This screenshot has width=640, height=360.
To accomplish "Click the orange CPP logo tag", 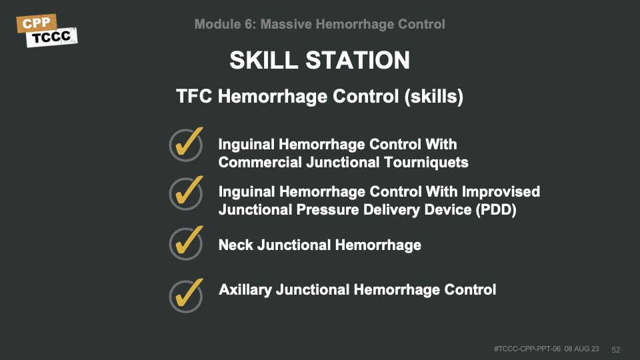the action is [x=36, y=23].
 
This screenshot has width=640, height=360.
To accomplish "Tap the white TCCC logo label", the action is [x=52, y=37].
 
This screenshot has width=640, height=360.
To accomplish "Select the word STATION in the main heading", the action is [x=357, y=60].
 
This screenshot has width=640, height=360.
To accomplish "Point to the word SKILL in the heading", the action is [x=264, y=60].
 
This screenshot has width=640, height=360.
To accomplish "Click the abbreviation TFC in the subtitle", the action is [x=194, y=96].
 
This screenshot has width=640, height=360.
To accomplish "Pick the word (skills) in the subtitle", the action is [x=434, y=97].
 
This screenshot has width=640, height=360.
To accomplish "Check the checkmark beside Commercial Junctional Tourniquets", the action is [x=187, y=144].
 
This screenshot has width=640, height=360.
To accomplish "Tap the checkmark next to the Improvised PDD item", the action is [x=187, y=193].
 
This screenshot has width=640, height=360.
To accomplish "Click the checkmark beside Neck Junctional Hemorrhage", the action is [x=187, y=243].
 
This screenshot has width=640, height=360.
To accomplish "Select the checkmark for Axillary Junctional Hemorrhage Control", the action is [x=187, y=295].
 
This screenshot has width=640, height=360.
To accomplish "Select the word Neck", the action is [x=235, y=245].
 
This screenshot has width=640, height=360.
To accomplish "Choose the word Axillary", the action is [x=245, y=290].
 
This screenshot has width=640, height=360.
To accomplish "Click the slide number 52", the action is [x=615, y=350].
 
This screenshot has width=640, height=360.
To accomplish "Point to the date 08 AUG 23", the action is [x=581, y=349].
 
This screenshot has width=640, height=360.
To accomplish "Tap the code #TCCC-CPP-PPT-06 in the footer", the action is [x=527, y=349].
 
